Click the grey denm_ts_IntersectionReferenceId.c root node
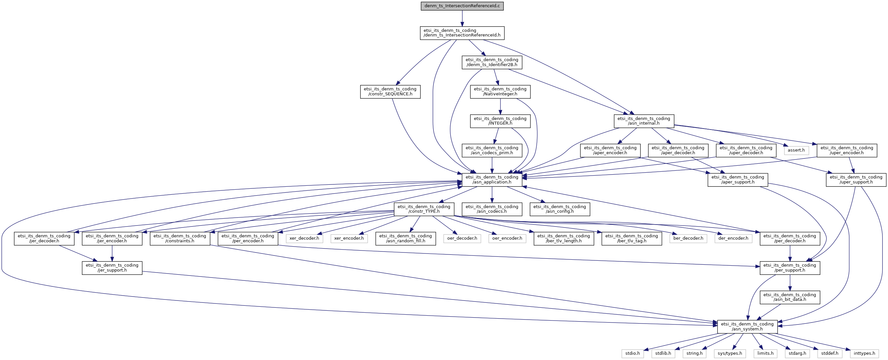click(462, 6)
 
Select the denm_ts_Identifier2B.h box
click(492, 62)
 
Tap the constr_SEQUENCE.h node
click(390, 91)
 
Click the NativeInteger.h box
click(500, 91)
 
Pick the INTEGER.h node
click(500, 121)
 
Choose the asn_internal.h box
click(643, 121)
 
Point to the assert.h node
click(796, 150)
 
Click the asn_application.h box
click(492, 180)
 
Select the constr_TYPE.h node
click(424, 209)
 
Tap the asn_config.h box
click(559, 209)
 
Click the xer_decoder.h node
click(304, 238)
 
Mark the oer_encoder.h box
click(507, 238)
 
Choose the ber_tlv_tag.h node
click(631, 238)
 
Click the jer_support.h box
click(112, 268)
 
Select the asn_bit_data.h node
click(789, 297)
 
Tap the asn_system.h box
click(747, 326)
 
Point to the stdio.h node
click(633, 353)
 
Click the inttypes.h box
click(864, 353)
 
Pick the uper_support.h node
click(855, 180)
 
